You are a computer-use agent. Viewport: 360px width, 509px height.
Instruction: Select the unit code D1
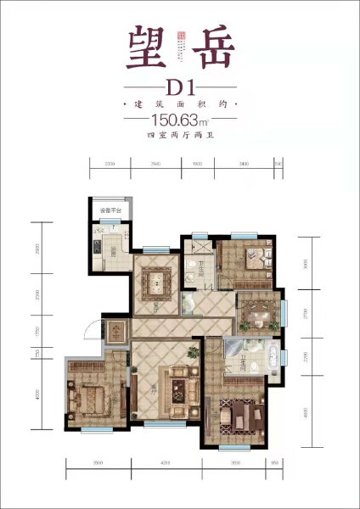pyautogui.click(x=181, y=87)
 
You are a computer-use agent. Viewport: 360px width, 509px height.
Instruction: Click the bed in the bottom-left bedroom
pyautogui.click(x=90, y=396)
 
